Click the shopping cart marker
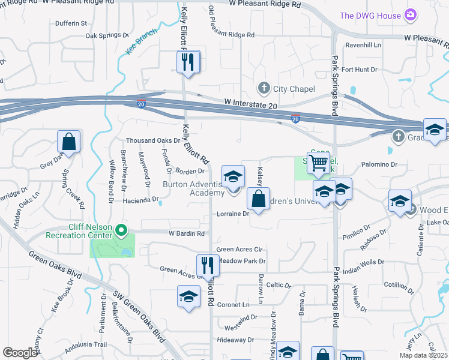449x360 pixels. (x=319, y=161)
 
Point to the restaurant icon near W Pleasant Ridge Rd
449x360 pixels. (x=188, y=61)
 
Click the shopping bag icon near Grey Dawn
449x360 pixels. (x=69, y=142)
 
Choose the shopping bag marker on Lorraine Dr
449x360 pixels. (x=258, y=199)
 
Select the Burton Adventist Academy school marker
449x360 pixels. (x=233, y=176)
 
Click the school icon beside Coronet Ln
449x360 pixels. (x=188, y=297)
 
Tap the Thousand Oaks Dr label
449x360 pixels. (x=152, y=140)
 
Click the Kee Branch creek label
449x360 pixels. (x=142, y=42)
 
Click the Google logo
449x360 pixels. (x=20, y=353)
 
